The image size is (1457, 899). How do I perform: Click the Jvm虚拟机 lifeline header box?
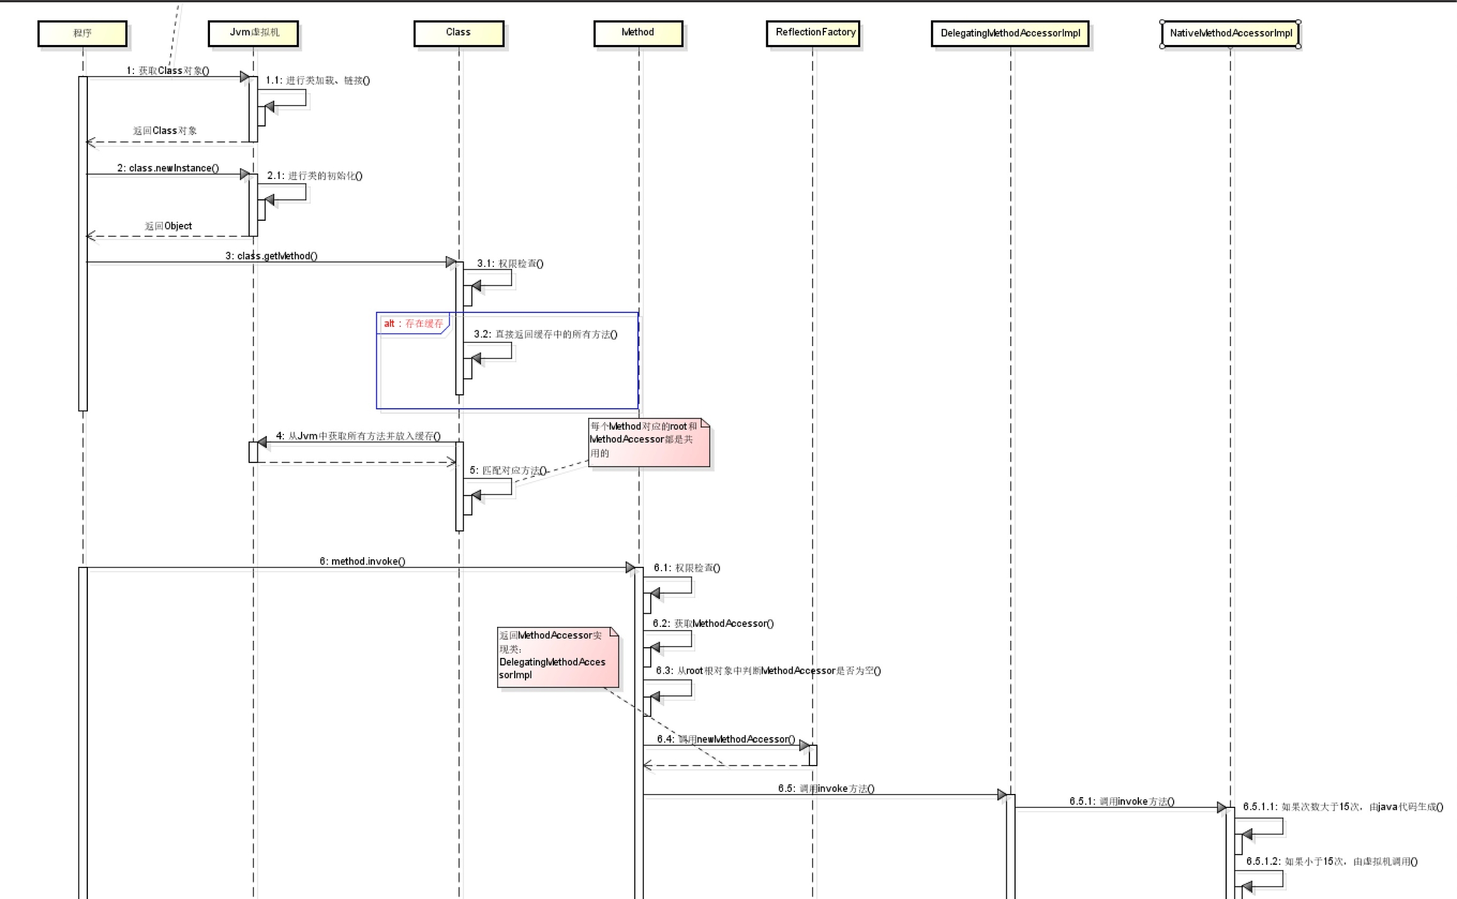click(x=254, y=33)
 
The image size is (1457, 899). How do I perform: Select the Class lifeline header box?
click(x=458, y=33)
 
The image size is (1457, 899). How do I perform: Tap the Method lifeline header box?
click(x=638, y=33)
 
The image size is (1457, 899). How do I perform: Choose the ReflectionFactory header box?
click(x=813, y=33)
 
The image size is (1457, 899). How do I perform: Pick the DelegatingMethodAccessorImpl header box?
click(x=1010, y=34)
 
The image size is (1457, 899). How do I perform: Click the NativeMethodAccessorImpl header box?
click(x=1230, y=34)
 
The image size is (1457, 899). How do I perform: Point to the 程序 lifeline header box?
click(x=82, y=34)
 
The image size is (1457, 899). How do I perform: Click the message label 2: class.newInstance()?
click(x=168, y=168)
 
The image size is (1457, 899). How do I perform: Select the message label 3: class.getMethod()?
click(x=271, y=256)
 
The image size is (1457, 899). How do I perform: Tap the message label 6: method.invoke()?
click(x=362, y=561)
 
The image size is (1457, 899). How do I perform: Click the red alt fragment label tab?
click(x=413, y=324)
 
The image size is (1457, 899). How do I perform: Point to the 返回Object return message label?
click(x=168, y=226)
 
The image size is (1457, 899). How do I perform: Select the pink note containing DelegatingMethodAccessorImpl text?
click(x=556, y=656)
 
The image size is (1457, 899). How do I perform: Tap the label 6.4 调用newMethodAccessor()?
click(x=726, y=739)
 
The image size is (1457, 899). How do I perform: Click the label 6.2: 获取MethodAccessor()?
click(x=713, y=624)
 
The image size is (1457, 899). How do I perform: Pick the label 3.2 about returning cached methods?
click(x=545, y=334)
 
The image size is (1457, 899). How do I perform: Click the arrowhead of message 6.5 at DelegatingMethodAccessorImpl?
click(x=1002, y=795)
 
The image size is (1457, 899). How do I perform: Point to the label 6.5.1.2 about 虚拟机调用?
click(x=1332, y=862)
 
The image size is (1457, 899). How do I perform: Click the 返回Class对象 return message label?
click(x=165, y=131)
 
